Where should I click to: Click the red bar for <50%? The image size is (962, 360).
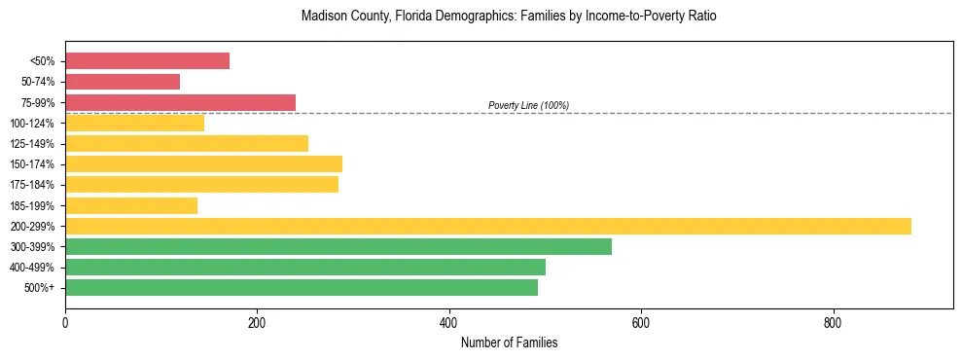[x=147, y=61]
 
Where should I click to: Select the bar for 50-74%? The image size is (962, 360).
[x=123, y=82]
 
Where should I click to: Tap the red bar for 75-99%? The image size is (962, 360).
[x=180, y=102]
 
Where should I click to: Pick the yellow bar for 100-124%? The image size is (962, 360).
[x=134, y=123]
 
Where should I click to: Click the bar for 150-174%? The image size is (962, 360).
[x=203, y=163]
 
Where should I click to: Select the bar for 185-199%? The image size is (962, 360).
[x=131, y=205]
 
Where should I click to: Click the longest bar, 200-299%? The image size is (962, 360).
[x=487, y=226]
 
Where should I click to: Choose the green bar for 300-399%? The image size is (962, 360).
[x=338, y=246]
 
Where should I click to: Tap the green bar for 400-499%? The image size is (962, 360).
[x=304, y=267]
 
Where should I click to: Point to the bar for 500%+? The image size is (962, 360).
[x=301, y=287]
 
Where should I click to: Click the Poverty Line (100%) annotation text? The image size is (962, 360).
[x=528, y=105]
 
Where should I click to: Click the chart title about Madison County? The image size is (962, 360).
[x=509, y=17]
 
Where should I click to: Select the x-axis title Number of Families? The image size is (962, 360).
[x=509, y=342]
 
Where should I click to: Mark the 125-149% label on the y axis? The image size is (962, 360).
[x=32, y=144]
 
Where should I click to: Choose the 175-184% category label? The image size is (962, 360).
[x=32, y=185]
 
